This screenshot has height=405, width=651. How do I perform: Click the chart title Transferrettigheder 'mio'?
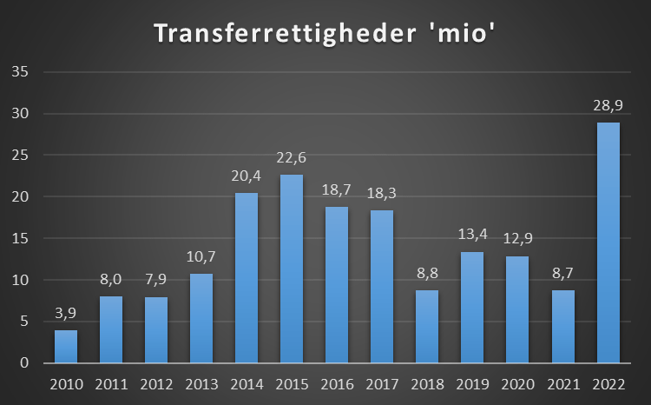tap(325, 34)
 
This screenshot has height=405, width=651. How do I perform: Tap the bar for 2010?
tap(66, 346)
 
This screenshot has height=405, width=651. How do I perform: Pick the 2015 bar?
tap(292, 269)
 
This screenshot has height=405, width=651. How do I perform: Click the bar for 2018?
tap(426, 326)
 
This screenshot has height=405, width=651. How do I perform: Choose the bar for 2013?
tap(201, 318)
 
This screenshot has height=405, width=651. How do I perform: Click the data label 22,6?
tap(292, 157)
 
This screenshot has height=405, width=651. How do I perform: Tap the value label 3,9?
tap(66, 313)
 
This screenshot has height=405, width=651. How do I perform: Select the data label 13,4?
tap(471, 234)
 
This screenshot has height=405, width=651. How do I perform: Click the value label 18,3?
tap(382, 193)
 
